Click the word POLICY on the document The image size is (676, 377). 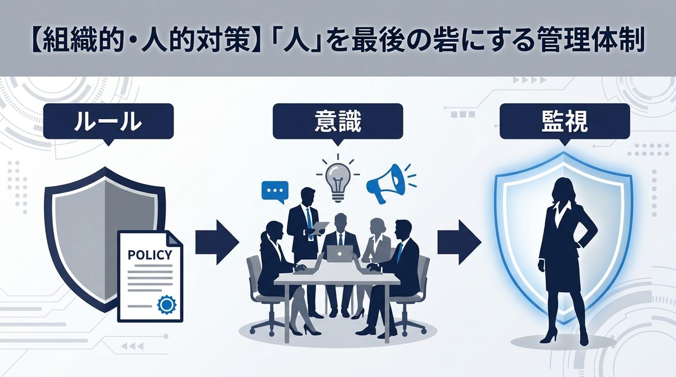(150, 254)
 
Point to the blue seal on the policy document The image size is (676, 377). (167, 305)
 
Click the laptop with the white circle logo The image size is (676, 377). (340, 254)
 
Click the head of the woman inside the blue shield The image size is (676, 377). (564, 190)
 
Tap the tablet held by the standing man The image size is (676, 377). (319, 227)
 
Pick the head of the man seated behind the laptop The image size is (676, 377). (341, 221)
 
